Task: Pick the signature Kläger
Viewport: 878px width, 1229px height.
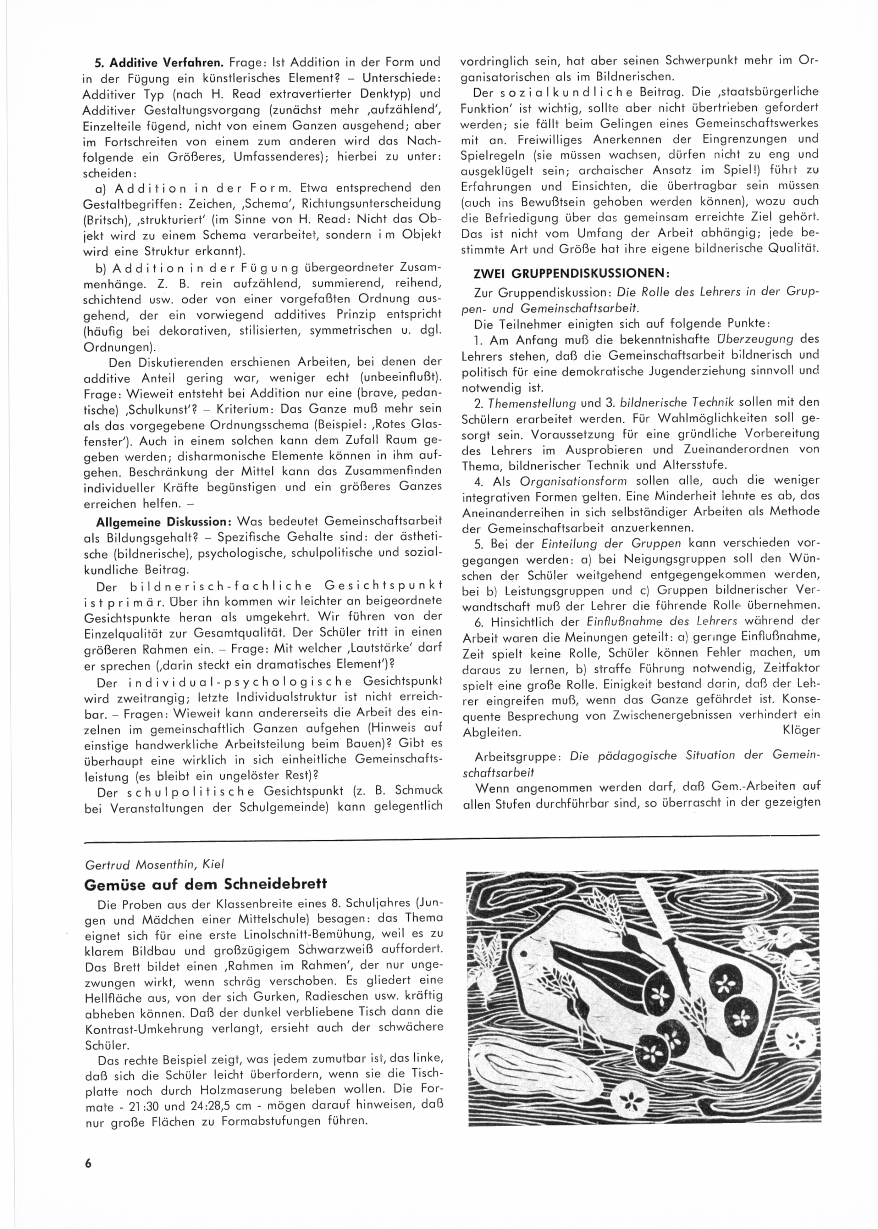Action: pyautogui.click(x=801, y=731)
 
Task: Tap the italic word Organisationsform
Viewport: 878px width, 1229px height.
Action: pyautogui.click(x=573, y=480)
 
